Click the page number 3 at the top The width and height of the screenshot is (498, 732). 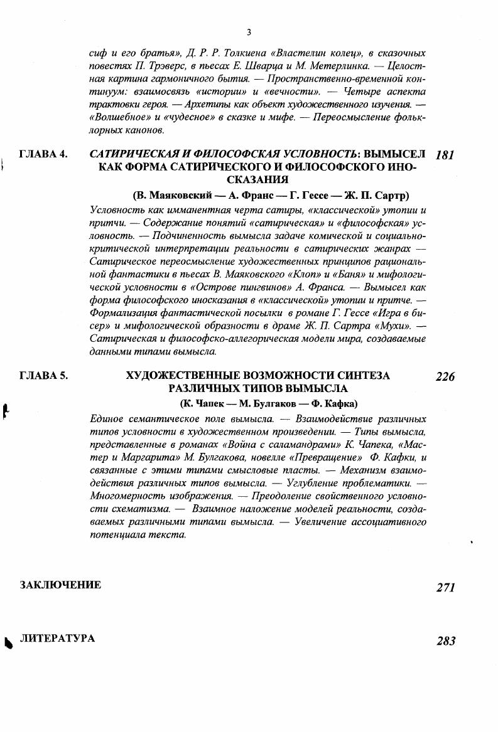coord(249,32)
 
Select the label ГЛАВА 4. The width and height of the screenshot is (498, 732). coord(44,154)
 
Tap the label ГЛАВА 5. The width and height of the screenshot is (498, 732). coord(44,376)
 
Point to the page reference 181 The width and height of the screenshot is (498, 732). coord(443,155)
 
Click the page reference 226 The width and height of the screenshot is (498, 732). coord(445,377)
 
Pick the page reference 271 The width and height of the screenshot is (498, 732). coord(445,587)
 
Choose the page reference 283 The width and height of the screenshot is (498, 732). coord(445,640)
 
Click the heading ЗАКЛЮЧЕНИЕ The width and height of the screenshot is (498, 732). coord(60,585)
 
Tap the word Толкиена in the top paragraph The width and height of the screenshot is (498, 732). coord(229,54)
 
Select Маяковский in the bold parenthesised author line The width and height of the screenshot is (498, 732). coord(170,195)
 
